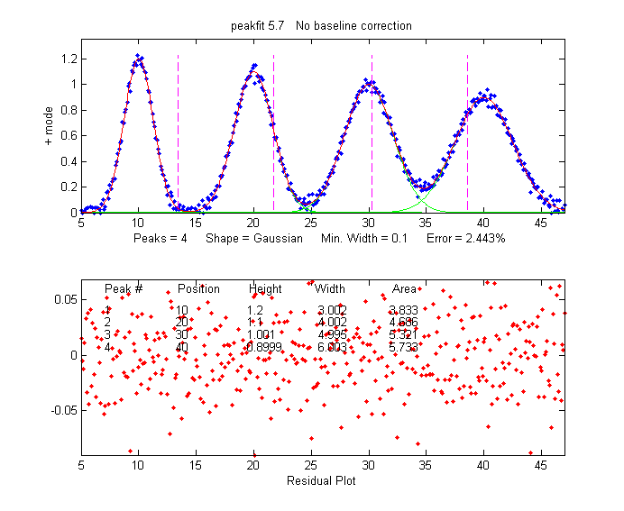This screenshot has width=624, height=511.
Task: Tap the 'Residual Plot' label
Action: pos(321,480)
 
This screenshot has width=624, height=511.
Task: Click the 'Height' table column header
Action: pos(265,289)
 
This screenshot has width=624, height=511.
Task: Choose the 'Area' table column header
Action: pos(404,289)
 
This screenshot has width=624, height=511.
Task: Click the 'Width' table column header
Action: pos(330,289)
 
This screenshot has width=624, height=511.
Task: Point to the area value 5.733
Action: pos(403,346)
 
